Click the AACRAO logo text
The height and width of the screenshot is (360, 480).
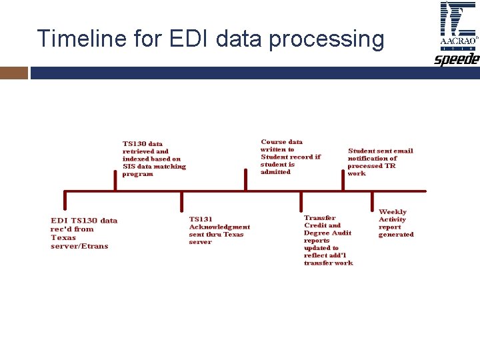tap(458, 41)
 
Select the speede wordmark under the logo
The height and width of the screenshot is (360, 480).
tap(457, 60)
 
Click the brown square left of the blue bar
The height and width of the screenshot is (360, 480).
tap(13, 72)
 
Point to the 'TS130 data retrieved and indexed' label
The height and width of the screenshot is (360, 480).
tap(154, 159)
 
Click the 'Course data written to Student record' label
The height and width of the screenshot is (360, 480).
tap(290, 157)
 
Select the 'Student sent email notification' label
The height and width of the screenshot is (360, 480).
tap(380, 162)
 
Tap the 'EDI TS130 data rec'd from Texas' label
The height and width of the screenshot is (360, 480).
tap(83, 233)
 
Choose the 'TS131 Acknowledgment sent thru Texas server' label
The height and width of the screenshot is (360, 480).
tap(219, 230)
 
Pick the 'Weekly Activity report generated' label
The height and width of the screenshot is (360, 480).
tap(396, 223)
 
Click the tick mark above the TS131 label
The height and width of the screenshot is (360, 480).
tap(182, 202)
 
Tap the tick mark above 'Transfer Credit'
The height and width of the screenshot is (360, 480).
tap(301, 202)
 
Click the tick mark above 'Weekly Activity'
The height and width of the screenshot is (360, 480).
tap(373, 202)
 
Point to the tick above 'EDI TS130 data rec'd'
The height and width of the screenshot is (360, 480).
tap(65, 202)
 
